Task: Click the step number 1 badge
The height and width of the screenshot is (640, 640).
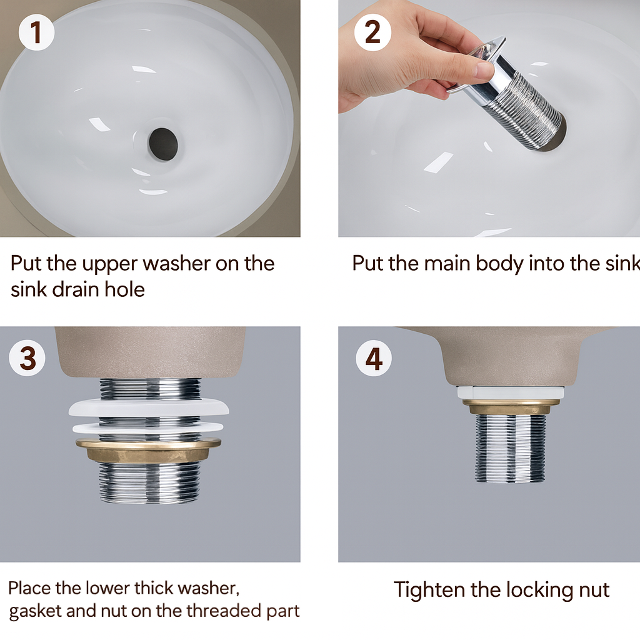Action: (36, 32)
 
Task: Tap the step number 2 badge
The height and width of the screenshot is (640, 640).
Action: (372, 32)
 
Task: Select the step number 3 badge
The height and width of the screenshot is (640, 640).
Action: (27, 358)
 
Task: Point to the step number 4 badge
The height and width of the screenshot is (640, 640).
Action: (374, 358)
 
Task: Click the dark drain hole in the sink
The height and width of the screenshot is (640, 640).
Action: (163, 144)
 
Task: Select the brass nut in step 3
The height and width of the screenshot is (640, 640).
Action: (149, 449)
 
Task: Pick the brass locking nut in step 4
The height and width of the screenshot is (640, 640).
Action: (511, 407)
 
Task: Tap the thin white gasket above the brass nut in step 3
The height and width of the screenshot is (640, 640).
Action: (147, 427)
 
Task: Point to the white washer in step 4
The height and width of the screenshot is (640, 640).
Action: (510, 392)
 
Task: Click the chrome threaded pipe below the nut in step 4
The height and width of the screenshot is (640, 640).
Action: (510, 448)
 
